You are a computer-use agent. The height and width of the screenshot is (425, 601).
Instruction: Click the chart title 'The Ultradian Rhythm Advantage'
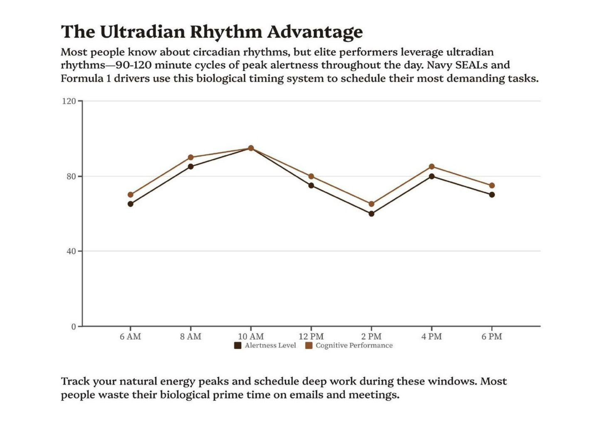(x=212, y=32)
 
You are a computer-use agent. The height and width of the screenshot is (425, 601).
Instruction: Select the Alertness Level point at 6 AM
(x=131, y=204)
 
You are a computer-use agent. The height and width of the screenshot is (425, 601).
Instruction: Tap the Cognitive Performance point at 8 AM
(x=190, y=157)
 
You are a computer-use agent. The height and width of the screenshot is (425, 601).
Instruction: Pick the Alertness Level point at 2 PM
(x=371, y=214)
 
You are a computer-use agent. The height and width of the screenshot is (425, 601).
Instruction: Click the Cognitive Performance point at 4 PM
(x=432, y=167)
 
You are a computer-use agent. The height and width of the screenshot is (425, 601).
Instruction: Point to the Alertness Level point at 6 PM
(x=492, y=195)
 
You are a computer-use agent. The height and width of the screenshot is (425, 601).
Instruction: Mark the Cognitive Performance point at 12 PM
(x=311, y=176)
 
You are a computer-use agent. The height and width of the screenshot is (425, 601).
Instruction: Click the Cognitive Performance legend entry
(x=349, y=346)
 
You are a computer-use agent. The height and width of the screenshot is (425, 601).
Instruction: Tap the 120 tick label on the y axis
(x=69, y=101)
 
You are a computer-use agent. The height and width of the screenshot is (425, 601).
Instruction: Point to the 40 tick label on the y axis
(x=71, y=251)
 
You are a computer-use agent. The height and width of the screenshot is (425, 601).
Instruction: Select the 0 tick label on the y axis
(x=74, y=327)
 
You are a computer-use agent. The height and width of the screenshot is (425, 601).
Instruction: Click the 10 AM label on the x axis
(x=251, y=336)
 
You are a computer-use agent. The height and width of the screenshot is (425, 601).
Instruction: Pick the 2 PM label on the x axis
(x=371, y=336)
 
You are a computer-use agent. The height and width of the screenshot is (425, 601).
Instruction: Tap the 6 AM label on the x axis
(x=131, y=336)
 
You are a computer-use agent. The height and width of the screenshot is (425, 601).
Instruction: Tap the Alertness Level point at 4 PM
(x=432, y=176)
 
